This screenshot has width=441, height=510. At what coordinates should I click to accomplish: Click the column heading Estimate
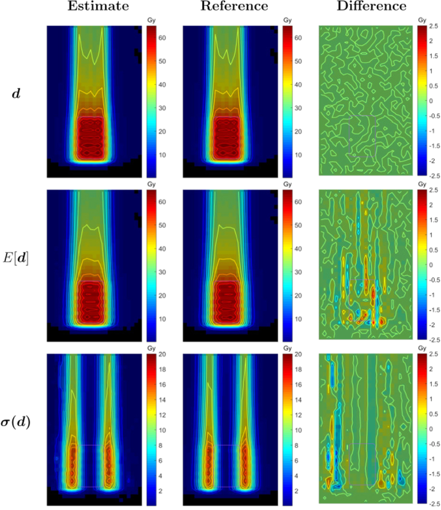coord(98,6)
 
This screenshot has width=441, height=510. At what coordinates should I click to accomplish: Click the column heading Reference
coord(234,6)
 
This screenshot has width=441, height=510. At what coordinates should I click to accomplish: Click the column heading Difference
coord(371,6)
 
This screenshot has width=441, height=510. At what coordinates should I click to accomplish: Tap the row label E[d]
coord(16,258)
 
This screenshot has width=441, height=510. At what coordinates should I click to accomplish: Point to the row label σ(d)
coord(16,422)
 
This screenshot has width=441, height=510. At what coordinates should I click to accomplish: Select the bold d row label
coord(16,94)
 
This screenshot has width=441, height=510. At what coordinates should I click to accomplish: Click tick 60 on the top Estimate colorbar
coord(162,38)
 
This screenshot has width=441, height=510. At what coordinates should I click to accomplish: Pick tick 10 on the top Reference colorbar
coord(298,155)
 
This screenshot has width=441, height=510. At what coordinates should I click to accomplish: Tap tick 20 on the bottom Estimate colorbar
coord(162,354)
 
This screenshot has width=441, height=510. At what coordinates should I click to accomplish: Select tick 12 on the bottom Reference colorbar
coord(298,415)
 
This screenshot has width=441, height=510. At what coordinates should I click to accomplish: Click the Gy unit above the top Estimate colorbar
coord(151,20)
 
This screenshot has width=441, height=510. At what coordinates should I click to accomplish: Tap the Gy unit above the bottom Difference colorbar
coord(422,348)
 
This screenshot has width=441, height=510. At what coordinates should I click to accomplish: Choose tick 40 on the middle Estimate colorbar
coord(162,249)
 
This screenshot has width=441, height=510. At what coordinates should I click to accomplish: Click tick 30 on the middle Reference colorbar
coord(298,272)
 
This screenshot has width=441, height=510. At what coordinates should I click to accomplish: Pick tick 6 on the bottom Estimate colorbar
coord(161,461)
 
